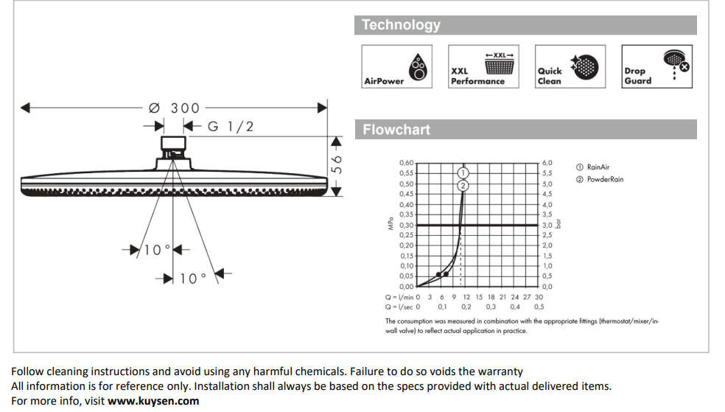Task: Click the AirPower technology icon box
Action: click(x=396, y=66)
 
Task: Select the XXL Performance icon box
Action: click(x=483, y=66)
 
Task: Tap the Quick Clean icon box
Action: click(x=570, y=66)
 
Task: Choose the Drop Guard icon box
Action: click(x=656, y=66)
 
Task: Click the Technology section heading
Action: click(x=401, y=25)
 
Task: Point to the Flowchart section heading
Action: click(x=396, y=130)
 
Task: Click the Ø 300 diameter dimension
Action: click(x=174, y=108)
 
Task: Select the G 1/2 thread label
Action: click(x=231, y=126)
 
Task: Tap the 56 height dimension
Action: click(x=337, y=164)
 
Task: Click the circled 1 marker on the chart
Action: click(x=463, y=173)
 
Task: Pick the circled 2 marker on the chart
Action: click(x=463, y=186)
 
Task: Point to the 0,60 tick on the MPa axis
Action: click(x=407, y=163)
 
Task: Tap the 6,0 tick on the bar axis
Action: click(x=547, y=163)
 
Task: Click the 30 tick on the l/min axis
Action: click(x=539, y=297)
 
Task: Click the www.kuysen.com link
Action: click(x=153, y=401)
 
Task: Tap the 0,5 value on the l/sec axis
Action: click(x=539, y=307)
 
